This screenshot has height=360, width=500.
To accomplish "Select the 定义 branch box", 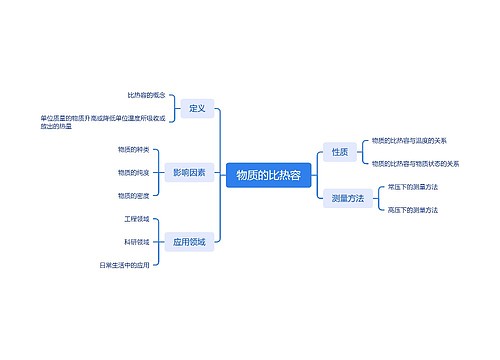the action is click(x=197, y=108).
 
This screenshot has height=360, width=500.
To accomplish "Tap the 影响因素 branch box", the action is click(x=188, y=173).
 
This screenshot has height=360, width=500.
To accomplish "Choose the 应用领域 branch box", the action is click(x=188, y=241).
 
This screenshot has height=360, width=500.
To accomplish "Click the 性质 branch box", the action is click(x=339, y=152).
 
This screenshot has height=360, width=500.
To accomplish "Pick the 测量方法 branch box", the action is click(x=347, y=198).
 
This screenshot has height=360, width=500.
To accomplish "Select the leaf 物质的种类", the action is click(x=134, y=149).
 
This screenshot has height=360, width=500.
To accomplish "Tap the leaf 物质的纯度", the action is click(x=134, y=173).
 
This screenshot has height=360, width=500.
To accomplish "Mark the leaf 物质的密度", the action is click(x=134, y=196).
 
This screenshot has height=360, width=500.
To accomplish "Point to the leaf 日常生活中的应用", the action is click(x=124, y=265).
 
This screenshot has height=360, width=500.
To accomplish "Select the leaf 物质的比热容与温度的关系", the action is click(x=408, y=140).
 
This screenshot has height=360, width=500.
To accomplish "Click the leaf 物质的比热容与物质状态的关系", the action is click(x=415, y=163).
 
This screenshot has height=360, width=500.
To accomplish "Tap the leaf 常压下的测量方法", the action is click(x=412, y=187).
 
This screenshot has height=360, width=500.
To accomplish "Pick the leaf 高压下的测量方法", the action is click(x=412, y=209).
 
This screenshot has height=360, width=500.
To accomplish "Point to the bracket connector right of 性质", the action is click(x=362, y=152).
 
